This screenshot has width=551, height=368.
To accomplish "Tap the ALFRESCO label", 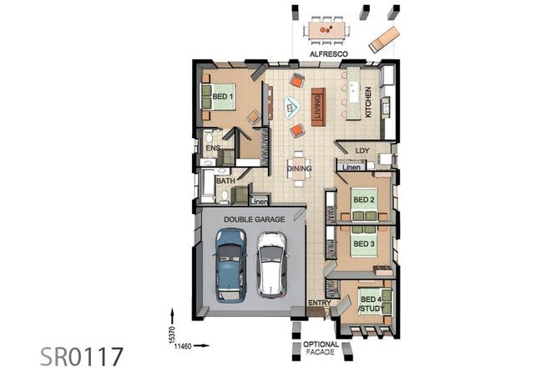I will (327, 54).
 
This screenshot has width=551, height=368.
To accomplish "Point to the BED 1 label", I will (221, 97).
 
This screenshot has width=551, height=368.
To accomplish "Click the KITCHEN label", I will (367, 100).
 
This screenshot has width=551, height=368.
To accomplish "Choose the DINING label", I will (299, 168).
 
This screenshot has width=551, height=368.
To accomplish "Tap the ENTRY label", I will (320, 304).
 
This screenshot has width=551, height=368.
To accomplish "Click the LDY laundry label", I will (361, 151).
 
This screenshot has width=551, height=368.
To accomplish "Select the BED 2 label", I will (363, 201).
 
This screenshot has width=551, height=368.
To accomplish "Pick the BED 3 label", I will (363, 243).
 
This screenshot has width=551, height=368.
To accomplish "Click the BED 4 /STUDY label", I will (367, 304).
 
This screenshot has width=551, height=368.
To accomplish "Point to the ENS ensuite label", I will (213, 149).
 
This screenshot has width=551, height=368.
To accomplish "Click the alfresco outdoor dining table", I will (327, 31).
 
